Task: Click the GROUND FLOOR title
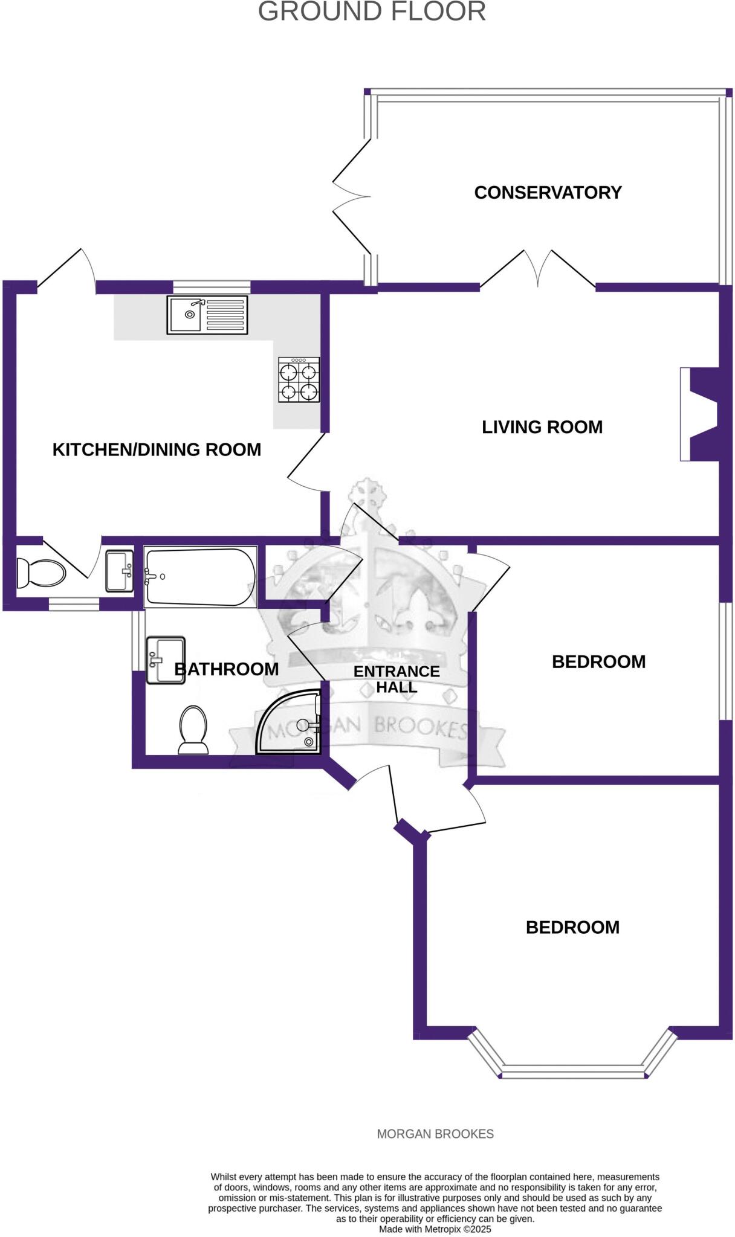click(x=372, y=11)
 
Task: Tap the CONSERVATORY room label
click(x=548, y=193)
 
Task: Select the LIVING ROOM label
click(x=542, y=427)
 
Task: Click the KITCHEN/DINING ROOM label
click(x=157, y=449)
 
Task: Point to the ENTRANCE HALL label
click(x=397, y=679)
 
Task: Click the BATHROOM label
click(x=227, y=669)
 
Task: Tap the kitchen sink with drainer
click(x=207, y=315)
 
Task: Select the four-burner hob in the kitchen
click(x=299, y=379)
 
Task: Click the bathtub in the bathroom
click(x=199, y=577)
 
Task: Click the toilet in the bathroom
click(x=193, y=729)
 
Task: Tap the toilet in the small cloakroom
click(x=40, y=572)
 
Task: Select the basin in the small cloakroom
click(x=119, y=571)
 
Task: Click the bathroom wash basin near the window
click(x=165, y=660)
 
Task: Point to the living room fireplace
click(x=700, y=414)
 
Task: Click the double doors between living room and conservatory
click(x=537, y=269)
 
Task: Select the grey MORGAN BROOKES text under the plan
click(x=435, y=1134)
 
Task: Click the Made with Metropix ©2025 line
click(x=435, y=1229)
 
